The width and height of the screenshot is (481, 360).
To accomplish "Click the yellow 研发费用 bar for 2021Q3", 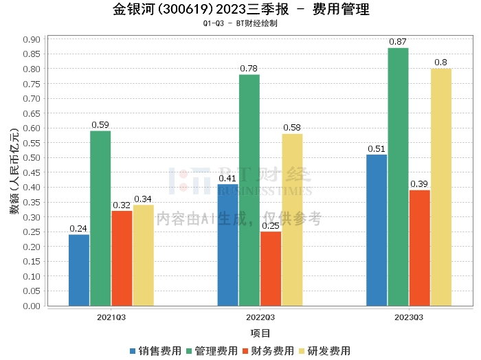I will point(143,255).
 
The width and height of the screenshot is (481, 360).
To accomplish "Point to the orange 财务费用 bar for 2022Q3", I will point(271,269).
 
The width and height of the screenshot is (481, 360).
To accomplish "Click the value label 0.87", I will point(398,42).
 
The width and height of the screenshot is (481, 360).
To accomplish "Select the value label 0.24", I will point(79,229).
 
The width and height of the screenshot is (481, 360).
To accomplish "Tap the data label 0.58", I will point(292,128).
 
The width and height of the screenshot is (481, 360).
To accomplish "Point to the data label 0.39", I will point(419,184).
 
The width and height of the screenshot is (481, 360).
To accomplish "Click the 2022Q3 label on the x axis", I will point(260,317).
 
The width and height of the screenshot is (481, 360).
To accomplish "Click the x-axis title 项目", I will point(260,333).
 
